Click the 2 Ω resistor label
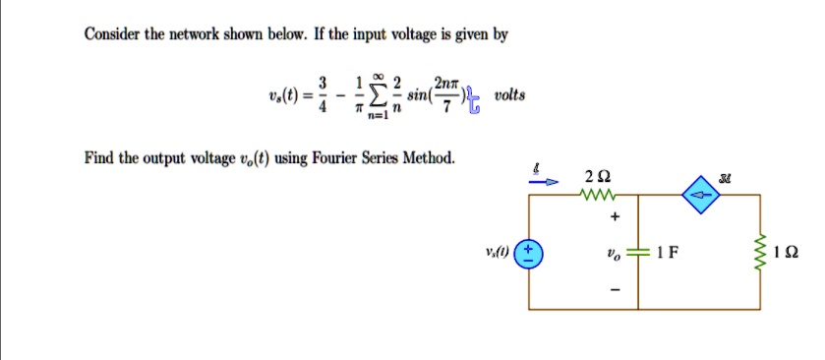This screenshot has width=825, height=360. pyautogui.click(x=595, y=177)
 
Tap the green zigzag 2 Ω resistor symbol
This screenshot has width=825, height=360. pyautogui.click(x=594, y=196)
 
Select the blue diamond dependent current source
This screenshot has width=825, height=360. pyautogui.click(x=701, y=196)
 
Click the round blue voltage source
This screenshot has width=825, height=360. pyautogui.click(x=532, y=251)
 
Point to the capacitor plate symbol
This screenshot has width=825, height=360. pyautogui.click(x=640, y=251)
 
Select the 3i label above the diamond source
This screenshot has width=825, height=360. pyautogui.click(x=701, y=174)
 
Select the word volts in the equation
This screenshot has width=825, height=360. pyautogui.click(x=510, y=96)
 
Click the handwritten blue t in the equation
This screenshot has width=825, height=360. pyautogui.click(x=470, y=101)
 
